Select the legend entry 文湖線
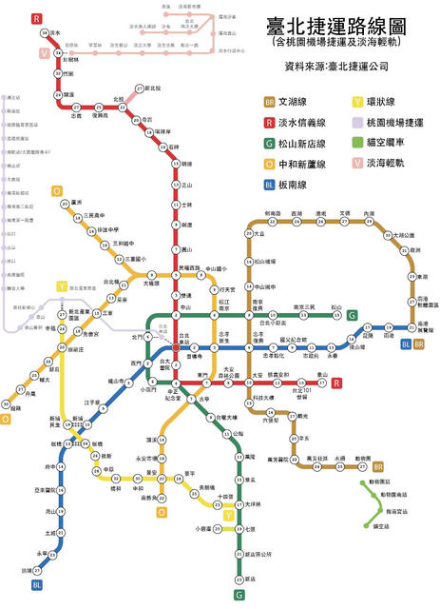[x=297, y=101]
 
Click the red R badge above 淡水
[x=35, y=18]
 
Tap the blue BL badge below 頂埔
[x=37, y=585]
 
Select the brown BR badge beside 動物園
[x=378, y=466]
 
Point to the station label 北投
[x=119, y=99]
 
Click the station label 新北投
[x=152, y=88]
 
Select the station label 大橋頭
[x=152, y=283]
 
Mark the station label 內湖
[x=369, y=214]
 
